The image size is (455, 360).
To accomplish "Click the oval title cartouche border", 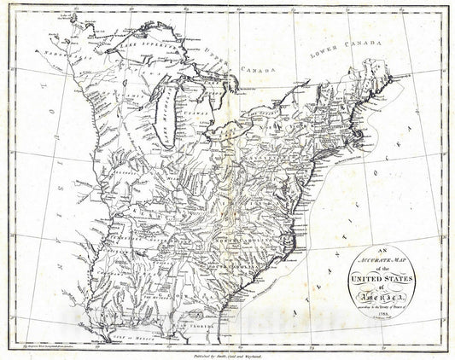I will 342,282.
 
